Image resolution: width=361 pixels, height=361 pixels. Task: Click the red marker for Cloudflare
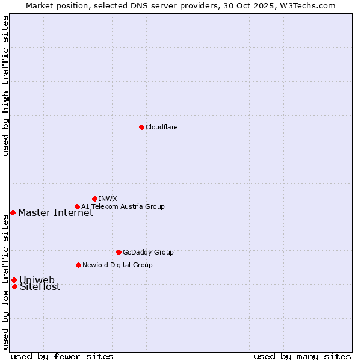(141, 127)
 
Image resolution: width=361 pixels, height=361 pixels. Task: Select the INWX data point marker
(94, 199)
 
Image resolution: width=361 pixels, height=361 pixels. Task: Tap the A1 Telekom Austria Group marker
(77, 206)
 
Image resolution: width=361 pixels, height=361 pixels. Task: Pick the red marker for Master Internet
(13, 212)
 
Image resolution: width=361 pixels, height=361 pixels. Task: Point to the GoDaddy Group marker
(119, 252)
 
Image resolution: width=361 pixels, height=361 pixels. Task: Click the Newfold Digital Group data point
(78, 265)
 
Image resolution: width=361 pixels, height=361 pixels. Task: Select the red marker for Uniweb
(14, 280)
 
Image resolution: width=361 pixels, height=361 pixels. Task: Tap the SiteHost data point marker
(14, 286)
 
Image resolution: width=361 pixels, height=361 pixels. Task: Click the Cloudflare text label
(161, 127)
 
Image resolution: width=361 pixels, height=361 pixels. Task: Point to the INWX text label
(108, 199)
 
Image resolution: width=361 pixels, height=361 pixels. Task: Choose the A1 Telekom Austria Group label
(123, 206)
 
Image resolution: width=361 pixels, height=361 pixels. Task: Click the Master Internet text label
(55, 212)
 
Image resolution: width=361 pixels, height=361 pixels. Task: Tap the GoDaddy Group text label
(148, 252)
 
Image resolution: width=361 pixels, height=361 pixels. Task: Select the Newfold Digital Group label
(117, 265)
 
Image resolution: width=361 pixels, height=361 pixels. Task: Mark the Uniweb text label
(37, 280)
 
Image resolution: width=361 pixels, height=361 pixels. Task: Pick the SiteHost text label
(40, 287)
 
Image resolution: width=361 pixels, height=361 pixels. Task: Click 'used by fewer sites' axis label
(62, 356)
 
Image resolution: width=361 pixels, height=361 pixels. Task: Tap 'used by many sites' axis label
(302, 356)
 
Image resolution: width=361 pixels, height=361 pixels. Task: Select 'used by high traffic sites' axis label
(5, 85)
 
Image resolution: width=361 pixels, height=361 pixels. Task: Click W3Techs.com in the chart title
(305, 5)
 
